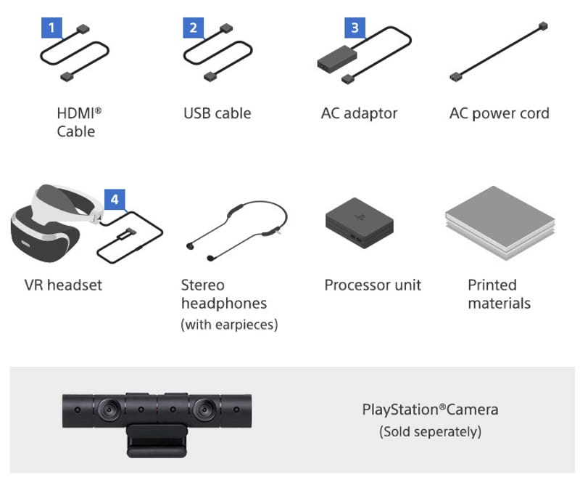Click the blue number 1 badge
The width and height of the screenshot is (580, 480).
[x=50, y=28]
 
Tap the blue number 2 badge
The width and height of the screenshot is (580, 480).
[x=193, y=28]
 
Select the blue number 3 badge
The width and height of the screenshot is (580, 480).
[x=354, y=28]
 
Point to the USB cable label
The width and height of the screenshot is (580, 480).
[x=217, y=113]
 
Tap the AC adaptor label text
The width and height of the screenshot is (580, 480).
[x=359, y=113]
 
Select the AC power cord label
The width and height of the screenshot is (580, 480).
[x=499, y=113]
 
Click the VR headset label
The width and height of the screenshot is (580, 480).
[x=63, y=285]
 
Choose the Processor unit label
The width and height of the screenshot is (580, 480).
[x=373, y=285]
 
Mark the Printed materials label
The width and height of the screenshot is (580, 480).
[x=499, y=294]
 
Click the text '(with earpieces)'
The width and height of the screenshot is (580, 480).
[x=229, y=325]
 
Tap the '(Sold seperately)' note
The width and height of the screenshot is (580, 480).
[x=430, y=432]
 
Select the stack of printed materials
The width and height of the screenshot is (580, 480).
[x=498, y=221]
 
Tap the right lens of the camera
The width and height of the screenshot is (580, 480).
[x=202, y=410]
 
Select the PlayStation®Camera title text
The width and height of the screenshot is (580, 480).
[x=430, y=410]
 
